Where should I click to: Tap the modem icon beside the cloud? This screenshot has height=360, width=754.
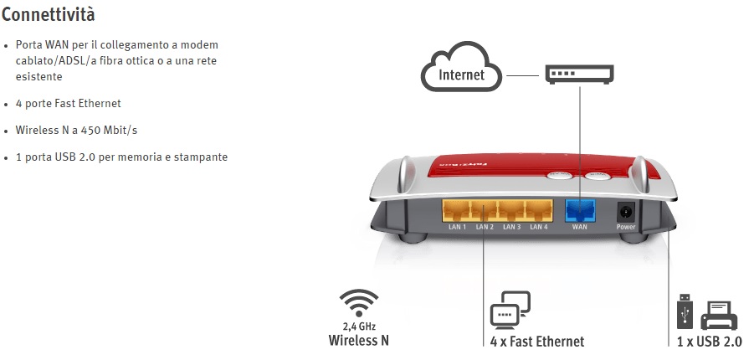tap(579, 74)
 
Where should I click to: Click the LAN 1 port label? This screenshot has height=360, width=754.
tap(457, 227)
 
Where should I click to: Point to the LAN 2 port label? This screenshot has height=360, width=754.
tap(485, 227)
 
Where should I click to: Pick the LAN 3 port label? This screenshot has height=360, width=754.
tap(512, 227)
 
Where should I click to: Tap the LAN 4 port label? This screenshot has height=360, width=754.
tap(539, 227)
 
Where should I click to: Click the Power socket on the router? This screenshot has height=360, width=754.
tap(625, 211)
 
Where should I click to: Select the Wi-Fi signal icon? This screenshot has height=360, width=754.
tap(358, 303)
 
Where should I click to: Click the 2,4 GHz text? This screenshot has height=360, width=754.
tap(358, 326)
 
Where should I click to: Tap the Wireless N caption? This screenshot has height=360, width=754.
tap(358, 341)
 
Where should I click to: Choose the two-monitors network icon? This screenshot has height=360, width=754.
tap(509, 309)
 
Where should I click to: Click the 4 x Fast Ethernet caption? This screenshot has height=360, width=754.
tap(537, 342)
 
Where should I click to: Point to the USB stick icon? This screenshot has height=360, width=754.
tap(683, 311)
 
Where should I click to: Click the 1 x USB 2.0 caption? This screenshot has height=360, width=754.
tap(709, 342)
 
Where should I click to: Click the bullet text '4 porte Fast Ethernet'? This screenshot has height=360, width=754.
tap(68, 103)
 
